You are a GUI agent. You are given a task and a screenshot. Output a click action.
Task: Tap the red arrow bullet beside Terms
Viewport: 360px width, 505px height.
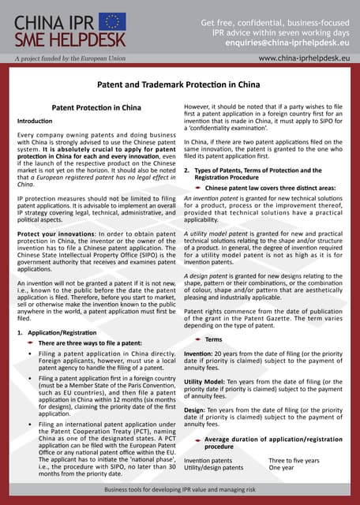point(197,339)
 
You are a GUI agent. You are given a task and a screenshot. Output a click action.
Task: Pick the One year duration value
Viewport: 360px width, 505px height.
point(281,468)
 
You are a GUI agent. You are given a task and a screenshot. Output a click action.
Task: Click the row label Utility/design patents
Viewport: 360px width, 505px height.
point(213,468)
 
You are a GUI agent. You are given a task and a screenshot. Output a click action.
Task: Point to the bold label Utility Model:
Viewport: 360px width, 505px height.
point(207,380)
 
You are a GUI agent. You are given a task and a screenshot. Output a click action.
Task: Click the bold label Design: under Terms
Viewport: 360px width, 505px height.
point(195,410)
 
